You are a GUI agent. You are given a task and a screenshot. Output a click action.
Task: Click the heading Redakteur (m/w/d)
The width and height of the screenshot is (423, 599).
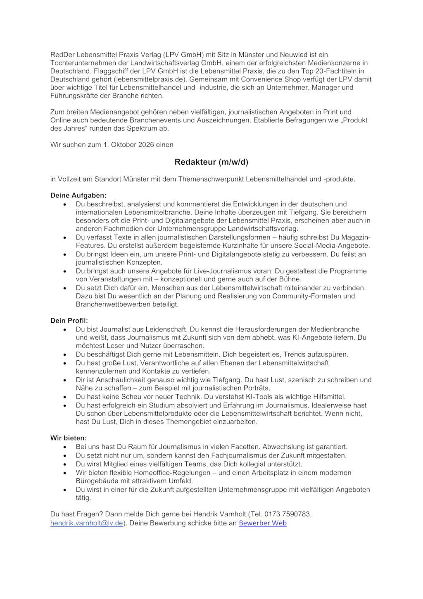[x=211, y=162]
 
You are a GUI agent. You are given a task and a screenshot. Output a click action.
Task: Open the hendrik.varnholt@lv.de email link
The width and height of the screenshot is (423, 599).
[x=87, y=523]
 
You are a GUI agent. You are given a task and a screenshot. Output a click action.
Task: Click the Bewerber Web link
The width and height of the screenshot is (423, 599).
[x=262, y=523]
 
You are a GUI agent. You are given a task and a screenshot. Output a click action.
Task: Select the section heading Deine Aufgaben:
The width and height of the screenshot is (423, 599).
[x=78, y=196]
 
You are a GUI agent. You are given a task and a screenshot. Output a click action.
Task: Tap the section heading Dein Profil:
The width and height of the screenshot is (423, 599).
[x=69, y=321]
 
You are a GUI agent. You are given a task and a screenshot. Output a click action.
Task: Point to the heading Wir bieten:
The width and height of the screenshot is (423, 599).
[x=69, y=438]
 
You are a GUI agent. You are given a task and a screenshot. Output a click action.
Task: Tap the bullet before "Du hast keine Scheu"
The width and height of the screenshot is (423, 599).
[x=65, y=397]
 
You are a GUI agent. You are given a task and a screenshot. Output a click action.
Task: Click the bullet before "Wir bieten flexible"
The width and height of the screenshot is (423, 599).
[x=65, y=473]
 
